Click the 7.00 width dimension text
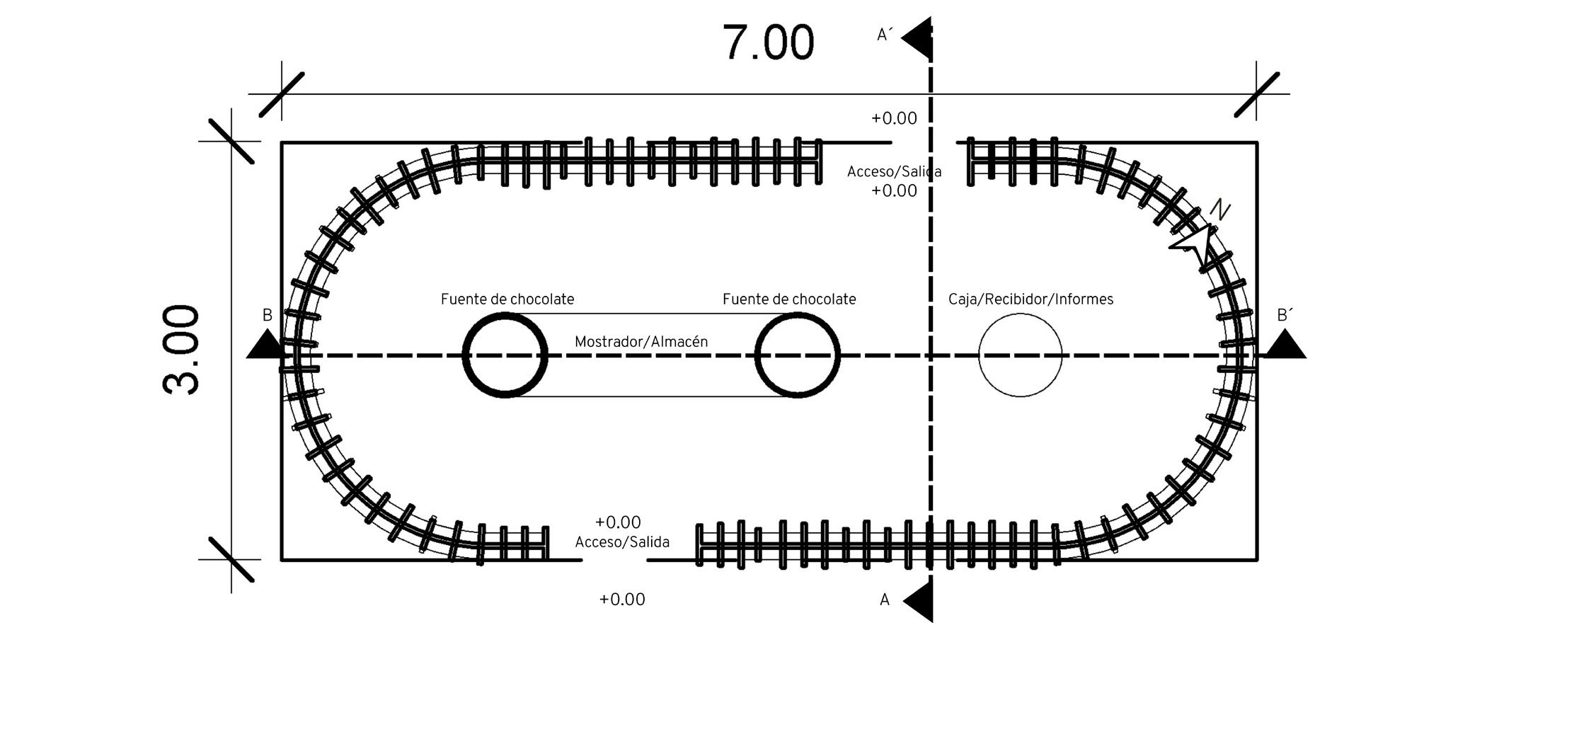pyautogui.click(x=768, y=43)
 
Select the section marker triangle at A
pyautogui.click(x=920, y=602)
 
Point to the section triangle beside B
pyautogui.click(x=266, y=346)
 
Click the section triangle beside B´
pyautogui.click(x=1285, y=346)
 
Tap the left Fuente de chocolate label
pyautogui.click(x=507, y=299)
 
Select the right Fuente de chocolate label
pyautogui.click(x=789, y=299)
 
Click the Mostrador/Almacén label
pyautogui.click(x=641, y=342)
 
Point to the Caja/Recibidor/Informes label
pyautogui.click(x=1030, y=299)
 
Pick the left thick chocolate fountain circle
pyautogui.click(x=505, y=355)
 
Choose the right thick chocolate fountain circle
pyautogui.click(x=798, y=355)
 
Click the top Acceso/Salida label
pyautogui.click(x=894, y=172)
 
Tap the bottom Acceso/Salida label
pyautogui.click(x=622, y=542)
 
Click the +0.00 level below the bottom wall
pyautogui.click(x=622, y=600)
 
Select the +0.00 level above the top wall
pyautogui.click(x=894, y=118)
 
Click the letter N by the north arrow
pyautogui.click(x=1219, y=210)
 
